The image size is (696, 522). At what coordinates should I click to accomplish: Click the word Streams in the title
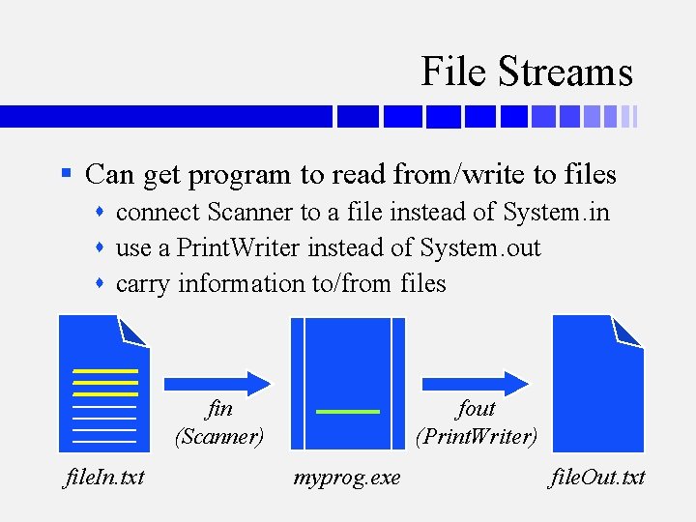point(565,72)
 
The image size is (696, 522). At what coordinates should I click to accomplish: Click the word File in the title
point(454,72)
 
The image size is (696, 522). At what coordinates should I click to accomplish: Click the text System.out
point(480,247)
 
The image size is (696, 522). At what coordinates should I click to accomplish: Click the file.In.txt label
point(104,478)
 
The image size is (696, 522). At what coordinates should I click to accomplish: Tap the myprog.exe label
point(347,478)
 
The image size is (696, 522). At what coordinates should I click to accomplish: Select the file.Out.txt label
point(596,478)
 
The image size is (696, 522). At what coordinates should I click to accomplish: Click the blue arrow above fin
point(217,380)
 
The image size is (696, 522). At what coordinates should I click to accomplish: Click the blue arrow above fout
point(475,380)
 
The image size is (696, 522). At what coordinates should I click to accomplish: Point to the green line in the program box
point(348,412)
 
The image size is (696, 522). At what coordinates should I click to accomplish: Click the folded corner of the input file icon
point(133,331)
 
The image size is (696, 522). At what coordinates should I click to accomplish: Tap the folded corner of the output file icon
point(625,331)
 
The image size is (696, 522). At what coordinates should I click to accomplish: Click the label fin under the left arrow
point(219,409)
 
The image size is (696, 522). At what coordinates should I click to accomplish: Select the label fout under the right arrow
point(476,409)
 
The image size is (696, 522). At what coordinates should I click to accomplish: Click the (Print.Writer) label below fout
point(476,437)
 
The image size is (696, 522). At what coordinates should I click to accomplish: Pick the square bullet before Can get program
point(66,175)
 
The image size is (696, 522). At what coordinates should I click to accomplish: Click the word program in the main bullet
point(241,175)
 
